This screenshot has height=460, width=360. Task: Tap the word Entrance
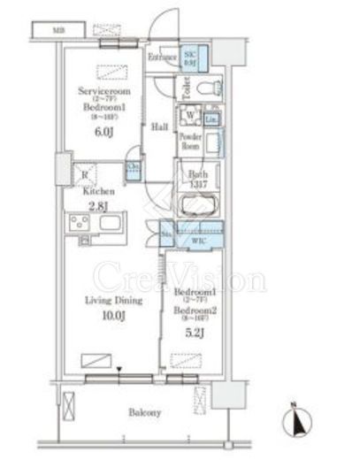[x=162, y=58]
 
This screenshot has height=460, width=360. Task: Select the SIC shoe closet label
[x=190, y=57]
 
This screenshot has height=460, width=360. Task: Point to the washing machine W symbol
[x=189, y=115]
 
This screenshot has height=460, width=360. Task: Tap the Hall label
[x=159, y=126]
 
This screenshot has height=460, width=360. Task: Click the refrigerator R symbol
[x=84, y=174]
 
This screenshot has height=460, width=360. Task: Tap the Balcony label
[x=142, y=412]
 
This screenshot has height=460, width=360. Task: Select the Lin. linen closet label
[x=213, y=119]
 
